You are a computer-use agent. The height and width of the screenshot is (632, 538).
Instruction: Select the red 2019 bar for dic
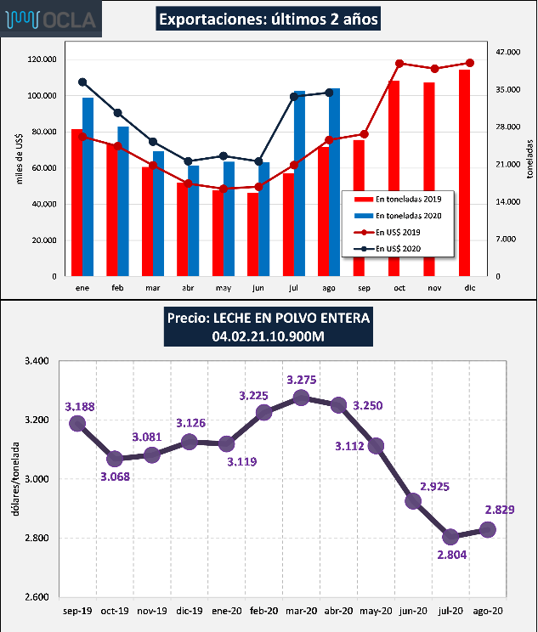464,173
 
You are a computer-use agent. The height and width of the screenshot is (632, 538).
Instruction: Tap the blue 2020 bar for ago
335,182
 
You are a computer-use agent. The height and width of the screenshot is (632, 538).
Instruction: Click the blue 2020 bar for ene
88,187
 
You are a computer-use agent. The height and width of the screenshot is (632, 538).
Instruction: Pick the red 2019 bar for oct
394,178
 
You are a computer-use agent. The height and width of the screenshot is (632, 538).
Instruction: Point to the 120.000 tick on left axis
42,59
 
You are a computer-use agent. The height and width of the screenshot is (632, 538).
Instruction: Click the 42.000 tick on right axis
507,52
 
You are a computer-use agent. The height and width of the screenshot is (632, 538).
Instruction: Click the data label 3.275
303,380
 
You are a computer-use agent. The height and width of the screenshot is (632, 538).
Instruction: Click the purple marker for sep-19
77,423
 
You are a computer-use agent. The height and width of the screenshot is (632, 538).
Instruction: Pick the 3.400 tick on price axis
40,361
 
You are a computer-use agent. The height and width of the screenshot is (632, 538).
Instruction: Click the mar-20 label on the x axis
301,611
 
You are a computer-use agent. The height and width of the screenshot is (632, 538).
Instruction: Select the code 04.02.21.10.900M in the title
269,337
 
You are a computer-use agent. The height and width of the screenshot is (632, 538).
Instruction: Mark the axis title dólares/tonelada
13,478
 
